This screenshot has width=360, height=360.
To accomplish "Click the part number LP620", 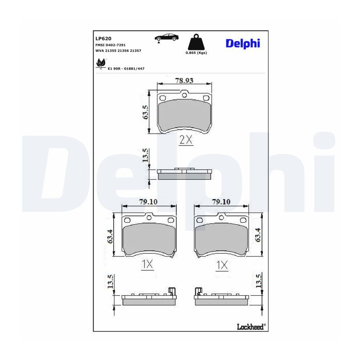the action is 103,38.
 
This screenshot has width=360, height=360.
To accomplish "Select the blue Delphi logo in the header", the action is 243,43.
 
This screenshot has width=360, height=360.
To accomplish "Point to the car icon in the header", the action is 166,38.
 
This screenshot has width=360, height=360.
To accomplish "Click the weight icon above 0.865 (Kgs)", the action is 196,42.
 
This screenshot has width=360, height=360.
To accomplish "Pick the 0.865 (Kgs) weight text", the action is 196,53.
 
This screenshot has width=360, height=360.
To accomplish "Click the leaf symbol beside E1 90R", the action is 101,63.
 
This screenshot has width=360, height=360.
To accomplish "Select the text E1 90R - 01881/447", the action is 126,69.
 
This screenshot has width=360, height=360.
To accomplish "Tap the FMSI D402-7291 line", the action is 110,45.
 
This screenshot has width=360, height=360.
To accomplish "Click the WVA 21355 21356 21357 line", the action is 118,51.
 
